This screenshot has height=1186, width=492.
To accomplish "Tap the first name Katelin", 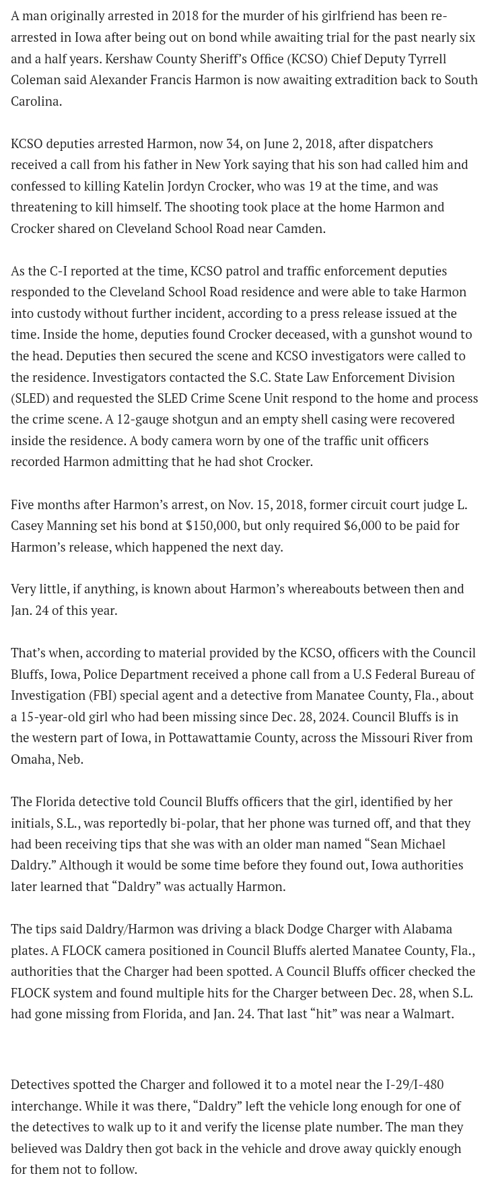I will tap(145, 186).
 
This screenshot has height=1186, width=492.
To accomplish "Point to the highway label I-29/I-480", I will tap(415, 1084).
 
